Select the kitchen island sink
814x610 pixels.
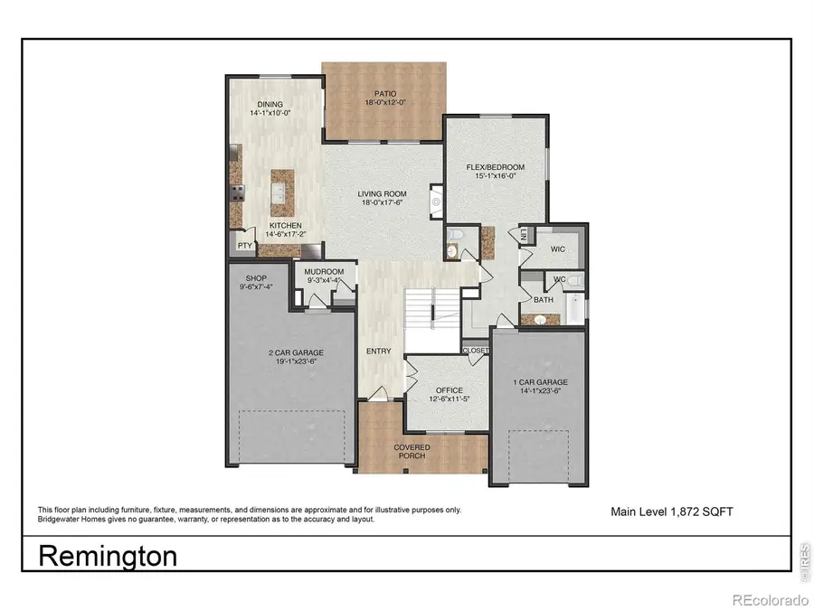279,192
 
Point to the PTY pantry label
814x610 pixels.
244,244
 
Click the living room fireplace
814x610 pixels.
436,200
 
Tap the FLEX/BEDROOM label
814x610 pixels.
497,168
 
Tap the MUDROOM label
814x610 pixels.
324,270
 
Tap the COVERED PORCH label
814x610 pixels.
412,452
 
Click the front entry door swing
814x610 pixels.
380,392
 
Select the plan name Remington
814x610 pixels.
108,555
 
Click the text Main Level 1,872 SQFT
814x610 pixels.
673,511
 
